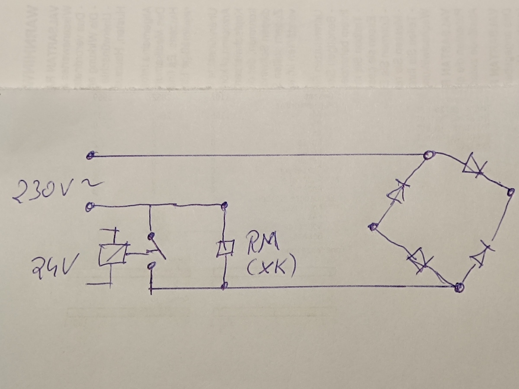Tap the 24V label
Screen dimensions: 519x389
(x=54, y=267)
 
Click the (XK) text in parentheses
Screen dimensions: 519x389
(x=271, y=268)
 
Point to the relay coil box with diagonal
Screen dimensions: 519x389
(x=113, y=255)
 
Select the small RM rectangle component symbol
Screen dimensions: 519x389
(x=225, y=248)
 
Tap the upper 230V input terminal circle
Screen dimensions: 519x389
(x=90, y=156)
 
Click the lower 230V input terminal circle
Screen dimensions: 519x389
(x=90, y=207)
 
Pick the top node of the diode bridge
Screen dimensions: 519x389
(x=429, y=155)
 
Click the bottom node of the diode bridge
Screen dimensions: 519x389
(x=459, y=287)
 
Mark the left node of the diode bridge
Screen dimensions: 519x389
(x=373, y=227)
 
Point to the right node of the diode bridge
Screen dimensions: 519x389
(x=511, y=192)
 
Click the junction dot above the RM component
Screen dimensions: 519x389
(x=224, y=207)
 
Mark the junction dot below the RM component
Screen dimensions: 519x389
(x=224, y=286)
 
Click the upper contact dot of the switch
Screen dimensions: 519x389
(x=151, y=236)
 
